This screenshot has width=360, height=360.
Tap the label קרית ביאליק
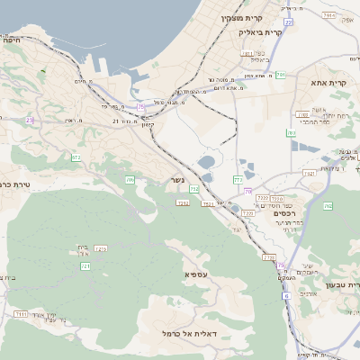262,32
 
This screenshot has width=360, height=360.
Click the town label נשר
178,181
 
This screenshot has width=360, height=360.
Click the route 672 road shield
76,157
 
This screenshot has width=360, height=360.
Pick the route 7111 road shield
20,313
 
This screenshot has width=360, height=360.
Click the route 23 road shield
29,120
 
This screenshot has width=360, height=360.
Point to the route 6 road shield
282,265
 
